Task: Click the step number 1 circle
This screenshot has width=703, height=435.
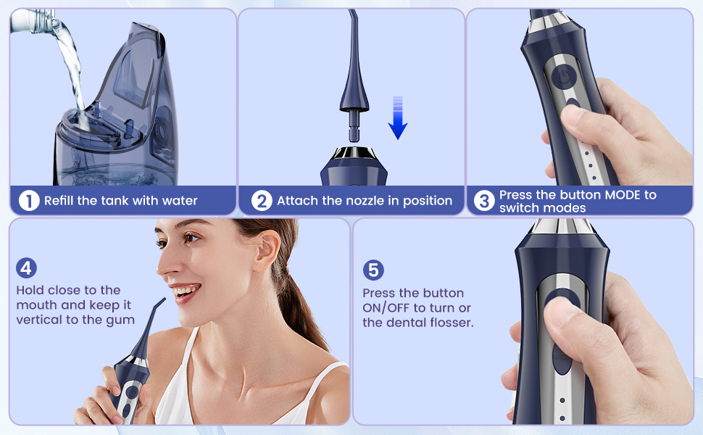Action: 29,200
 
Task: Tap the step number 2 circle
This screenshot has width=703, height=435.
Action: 262,200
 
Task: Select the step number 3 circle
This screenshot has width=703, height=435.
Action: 484,200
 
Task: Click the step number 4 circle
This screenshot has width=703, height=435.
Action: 26,268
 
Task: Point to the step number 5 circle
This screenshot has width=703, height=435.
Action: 373,270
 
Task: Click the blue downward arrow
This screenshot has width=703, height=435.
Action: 398,118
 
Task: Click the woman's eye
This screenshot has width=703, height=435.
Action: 191,237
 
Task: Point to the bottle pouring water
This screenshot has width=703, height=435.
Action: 33,21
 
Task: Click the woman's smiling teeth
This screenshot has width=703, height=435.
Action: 186,291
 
